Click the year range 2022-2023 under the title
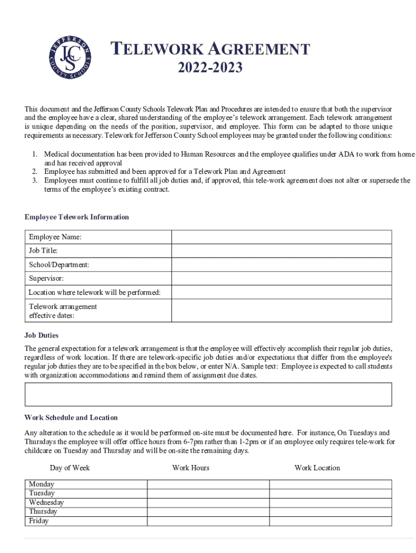(210, 68)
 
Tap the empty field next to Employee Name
(281, 237)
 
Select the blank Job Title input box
(281, 251)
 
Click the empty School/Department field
(281, 265)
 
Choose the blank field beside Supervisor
(281, 278)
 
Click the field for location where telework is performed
(281, 292)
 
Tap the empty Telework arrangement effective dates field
(281, 311)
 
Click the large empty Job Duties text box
(208, 394)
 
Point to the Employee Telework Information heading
(77, 217)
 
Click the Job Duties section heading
(42, 335)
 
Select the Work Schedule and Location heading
(71, 417)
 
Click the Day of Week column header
(70, 468)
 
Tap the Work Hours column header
(191, 468)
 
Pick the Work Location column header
(317, 468)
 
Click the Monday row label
(42, 484)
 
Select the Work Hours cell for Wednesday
(208, 503)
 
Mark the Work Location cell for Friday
(330, 521)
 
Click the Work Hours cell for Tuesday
(208, 494)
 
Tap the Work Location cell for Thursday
(330, 512)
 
